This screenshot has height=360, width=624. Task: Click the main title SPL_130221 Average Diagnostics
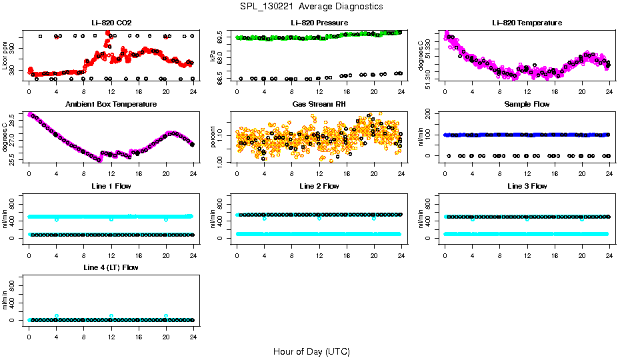pyautogui.click(x=312, y=6)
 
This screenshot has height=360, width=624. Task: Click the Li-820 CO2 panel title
pyautogui.click(x=111, y=23)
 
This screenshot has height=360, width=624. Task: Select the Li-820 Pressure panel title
pyautogui.click(x=319, y=23)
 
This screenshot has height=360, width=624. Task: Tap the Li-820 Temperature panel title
pyautogui.click(x=527, y=23)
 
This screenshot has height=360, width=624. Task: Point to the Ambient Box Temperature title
pyautogui.click(x=111, y=104)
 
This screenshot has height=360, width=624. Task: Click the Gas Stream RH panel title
pyautogui.click(x=319, y=104)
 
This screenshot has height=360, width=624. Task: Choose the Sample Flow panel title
pyautogui.click(x=527, y=104)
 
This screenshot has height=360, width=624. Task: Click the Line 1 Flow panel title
pyautogui.click(x=111, y=186)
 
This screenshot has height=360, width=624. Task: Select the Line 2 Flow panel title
pyautogui.click(x=319, y=186)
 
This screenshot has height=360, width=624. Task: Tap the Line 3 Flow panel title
pyautogui.click(x=527, y=186)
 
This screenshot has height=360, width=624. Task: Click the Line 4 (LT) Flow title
pyautogui.click(x=111, y=267)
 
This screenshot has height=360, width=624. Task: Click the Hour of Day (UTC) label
pyautogui.click(x=311, y=351)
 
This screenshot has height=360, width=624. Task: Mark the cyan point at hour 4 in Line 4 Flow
pyautogui.click(x=57, y=316)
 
